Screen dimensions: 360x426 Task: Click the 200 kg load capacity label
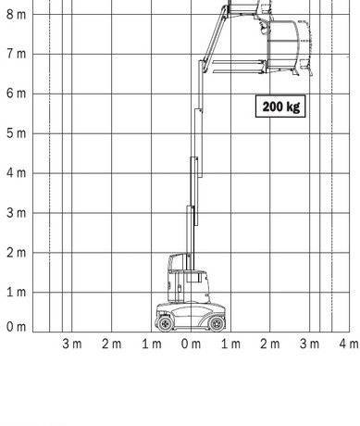point(280,106)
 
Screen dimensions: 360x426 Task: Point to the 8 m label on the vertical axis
point(16,14)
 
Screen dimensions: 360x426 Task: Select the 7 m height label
point(16,54)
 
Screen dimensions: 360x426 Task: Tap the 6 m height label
point(16,94)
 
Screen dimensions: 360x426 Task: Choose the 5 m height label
point(16,133)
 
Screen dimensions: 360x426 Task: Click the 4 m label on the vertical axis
point(16,173)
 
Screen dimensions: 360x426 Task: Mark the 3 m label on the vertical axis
point(16,213)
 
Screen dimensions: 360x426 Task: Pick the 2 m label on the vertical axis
point(16,253)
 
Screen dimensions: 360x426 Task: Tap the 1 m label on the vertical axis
point(16,292)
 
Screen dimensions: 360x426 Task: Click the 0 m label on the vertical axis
point(16,327)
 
